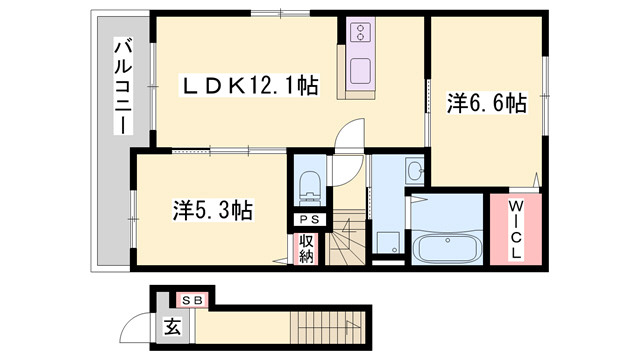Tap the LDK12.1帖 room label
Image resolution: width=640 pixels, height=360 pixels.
pyautogui.click(x=248, y=86)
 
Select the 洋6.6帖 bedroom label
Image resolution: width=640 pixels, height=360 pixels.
pyautogui.click(x=485, y=102)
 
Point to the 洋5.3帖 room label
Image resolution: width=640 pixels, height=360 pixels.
pyautogui.click(x=211, y=210)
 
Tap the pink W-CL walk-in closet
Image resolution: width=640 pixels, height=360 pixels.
pyautogui.click(x=513, y=230)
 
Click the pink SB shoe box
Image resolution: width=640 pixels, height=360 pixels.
pyautogui.click(x=192, y=299)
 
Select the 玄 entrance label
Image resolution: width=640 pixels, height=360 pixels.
pyautogui.click(x=172, y=325)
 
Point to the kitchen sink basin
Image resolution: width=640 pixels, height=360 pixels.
pyautogui.click(x=358, y=71)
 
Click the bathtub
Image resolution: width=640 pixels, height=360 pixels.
pyautogui.click(x=447, y=244)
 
